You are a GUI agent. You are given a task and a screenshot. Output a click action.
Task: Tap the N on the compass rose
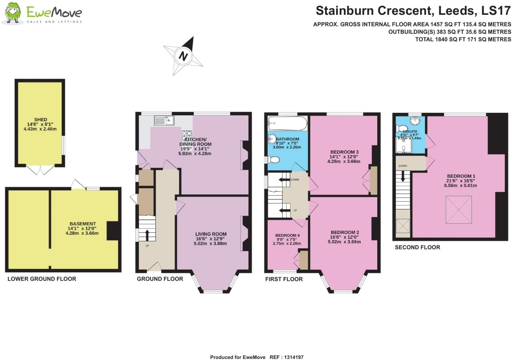183,56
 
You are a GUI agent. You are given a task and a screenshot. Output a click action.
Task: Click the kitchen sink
164,120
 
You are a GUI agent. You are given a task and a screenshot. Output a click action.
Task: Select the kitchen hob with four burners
187,136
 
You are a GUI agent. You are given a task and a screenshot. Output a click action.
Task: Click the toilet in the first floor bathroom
273,160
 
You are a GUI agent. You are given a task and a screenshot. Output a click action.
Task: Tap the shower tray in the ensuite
403,145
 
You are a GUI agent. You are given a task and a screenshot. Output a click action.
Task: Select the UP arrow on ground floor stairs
146,235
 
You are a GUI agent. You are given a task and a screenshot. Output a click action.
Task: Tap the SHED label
41,119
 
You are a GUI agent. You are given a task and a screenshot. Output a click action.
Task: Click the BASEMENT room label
82,224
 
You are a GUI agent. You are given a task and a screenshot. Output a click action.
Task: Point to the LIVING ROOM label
211,234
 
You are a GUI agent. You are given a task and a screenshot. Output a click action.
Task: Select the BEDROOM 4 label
287,235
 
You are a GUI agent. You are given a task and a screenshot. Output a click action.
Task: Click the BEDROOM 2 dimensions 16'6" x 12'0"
344,237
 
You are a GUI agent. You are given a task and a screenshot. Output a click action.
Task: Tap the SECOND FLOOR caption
417,247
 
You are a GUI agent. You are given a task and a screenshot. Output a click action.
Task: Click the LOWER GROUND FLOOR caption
42,279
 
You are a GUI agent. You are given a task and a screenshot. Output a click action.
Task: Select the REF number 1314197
292,357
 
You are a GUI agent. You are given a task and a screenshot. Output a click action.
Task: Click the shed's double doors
40,171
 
